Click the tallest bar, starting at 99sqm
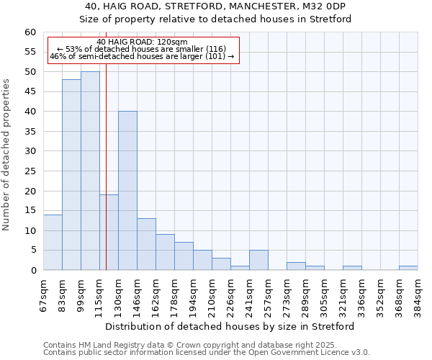tap(90, 171)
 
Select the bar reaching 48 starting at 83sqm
tap(71, 175)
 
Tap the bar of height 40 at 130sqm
tap(127, 191)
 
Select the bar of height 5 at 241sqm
tap(258, 260)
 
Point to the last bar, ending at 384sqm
tap(408, 268)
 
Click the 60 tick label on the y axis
tap(30, 32)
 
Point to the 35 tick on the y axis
tap(30, 132)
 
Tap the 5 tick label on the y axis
tap(33, 251)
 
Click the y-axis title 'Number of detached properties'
tap(7, 155)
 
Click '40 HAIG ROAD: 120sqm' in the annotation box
tap(142, 42)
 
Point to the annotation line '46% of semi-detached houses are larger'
tap(142, 56)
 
